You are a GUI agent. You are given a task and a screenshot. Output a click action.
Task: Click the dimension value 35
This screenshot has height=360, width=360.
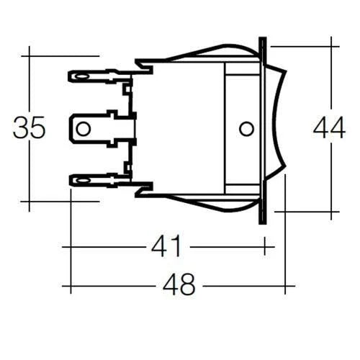click(30, 127)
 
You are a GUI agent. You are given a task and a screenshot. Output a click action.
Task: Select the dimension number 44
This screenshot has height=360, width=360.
click(329, 127)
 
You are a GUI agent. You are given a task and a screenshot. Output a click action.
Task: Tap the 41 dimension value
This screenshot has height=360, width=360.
click(166, 247)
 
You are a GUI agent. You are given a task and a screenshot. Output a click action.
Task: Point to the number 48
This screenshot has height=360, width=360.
click(179, 286)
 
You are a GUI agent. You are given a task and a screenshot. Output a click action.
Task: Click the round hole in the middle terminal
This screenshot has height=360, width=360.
click(84, 129)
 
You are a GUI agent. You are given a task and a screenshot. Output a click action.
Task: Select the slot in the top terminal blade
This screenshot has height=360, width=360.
click(81, 74)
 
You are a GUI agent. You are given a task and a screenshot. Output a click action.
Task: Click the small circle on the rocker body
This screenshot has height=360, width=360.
click(246, 129)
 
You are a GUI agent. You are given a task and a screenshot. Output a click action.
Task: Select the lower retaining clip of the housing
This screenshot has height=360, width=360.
click(144, 189)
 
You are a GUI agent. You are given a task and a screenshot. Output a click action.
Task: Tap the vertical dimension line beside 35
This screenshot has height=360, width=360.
click(30, 79)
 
